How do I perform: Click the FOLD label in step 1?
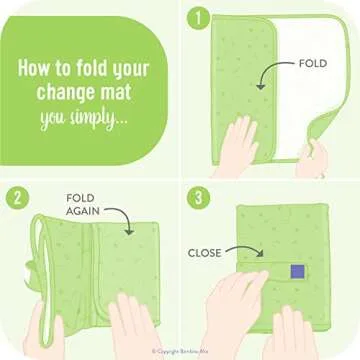pos(312,63)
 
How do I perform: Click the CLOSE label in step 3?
pos(204,253)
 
